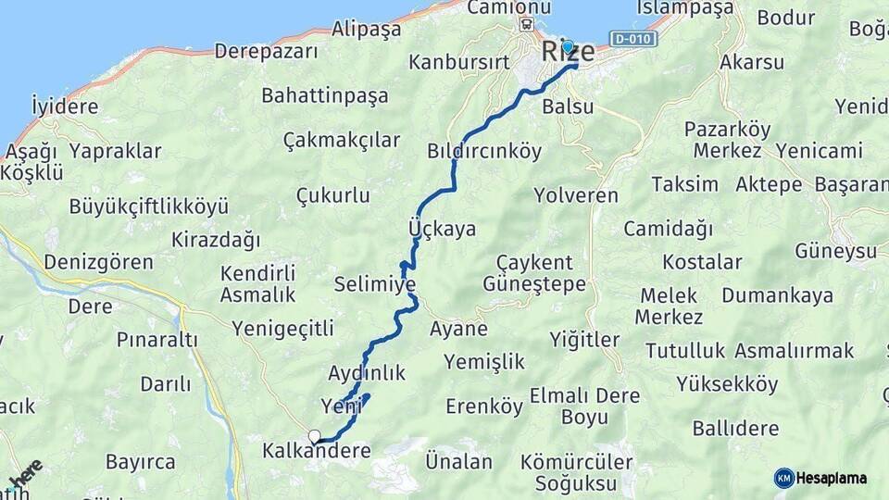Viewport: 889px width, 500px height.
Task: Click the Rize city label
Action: [568, 52]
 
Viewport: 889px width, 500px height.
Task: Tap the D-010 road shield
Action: [633, 38]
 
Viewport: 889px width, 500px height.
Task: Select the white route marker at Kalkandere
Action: [315, 436]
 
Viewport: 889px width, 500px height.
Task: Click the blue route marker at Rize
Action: [568, 45]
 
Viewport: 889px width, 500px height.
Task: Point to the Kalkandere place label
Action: [317, 452]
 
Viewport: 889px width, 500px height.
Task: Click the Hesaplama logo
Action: [820, 478]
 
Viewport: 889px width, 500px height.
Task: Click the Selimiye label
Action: [375, 283]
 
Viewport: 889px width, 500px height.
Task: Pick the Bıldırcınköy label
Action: [484, 151]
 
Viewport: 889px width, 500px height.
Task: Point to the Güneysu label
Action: [835, 251]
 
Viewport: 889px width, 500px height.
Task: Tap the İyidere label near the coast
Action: [65, 106]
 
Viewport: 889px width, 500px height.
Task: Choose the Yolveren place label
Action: [576, 195]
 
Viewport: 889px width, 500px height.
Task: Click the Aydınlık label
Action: [368, 373]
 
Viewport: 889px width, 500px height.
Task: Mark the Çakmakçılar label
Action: [342, 140]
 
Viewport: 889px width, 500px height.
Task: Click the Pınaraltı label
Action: [157, 340]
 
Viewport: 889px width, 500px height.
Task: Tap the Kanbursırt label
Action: [459, 64]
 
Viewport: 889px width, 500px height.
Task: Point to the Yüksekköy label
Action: [727, 384]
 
